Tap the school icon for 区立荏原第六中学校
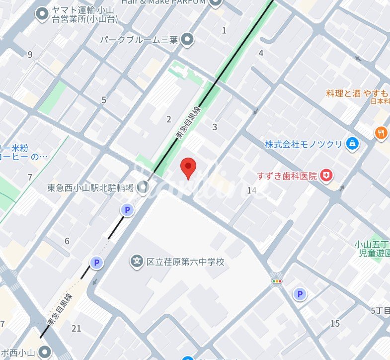(x=137, y=261)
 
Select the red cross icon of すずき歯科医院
(x=326, y=175)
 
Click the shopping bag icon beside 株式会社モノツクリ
(x=352, y=144)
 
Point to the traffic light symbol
(x=276, y=281)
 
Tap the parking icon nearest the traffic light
(x=299, y=294)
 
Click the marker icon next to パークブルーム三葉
(x=187, y=39)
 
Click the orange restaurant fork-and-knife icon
(x=382, y=132)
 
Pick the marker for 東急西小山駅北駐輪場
(x=144, y=187)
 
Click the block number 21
(x=76, y=328)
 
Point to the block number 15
(x=335, y=324)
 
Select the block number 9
(x=30, y=55)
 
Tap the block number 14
(x=251, y=190)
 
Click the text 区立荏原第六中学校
(x=185, y=262)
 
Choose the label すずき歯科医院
(x=287, y=176)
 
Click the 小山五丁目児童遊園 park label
(x=372, y=248)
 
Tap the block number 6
(x=67, y=242)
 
